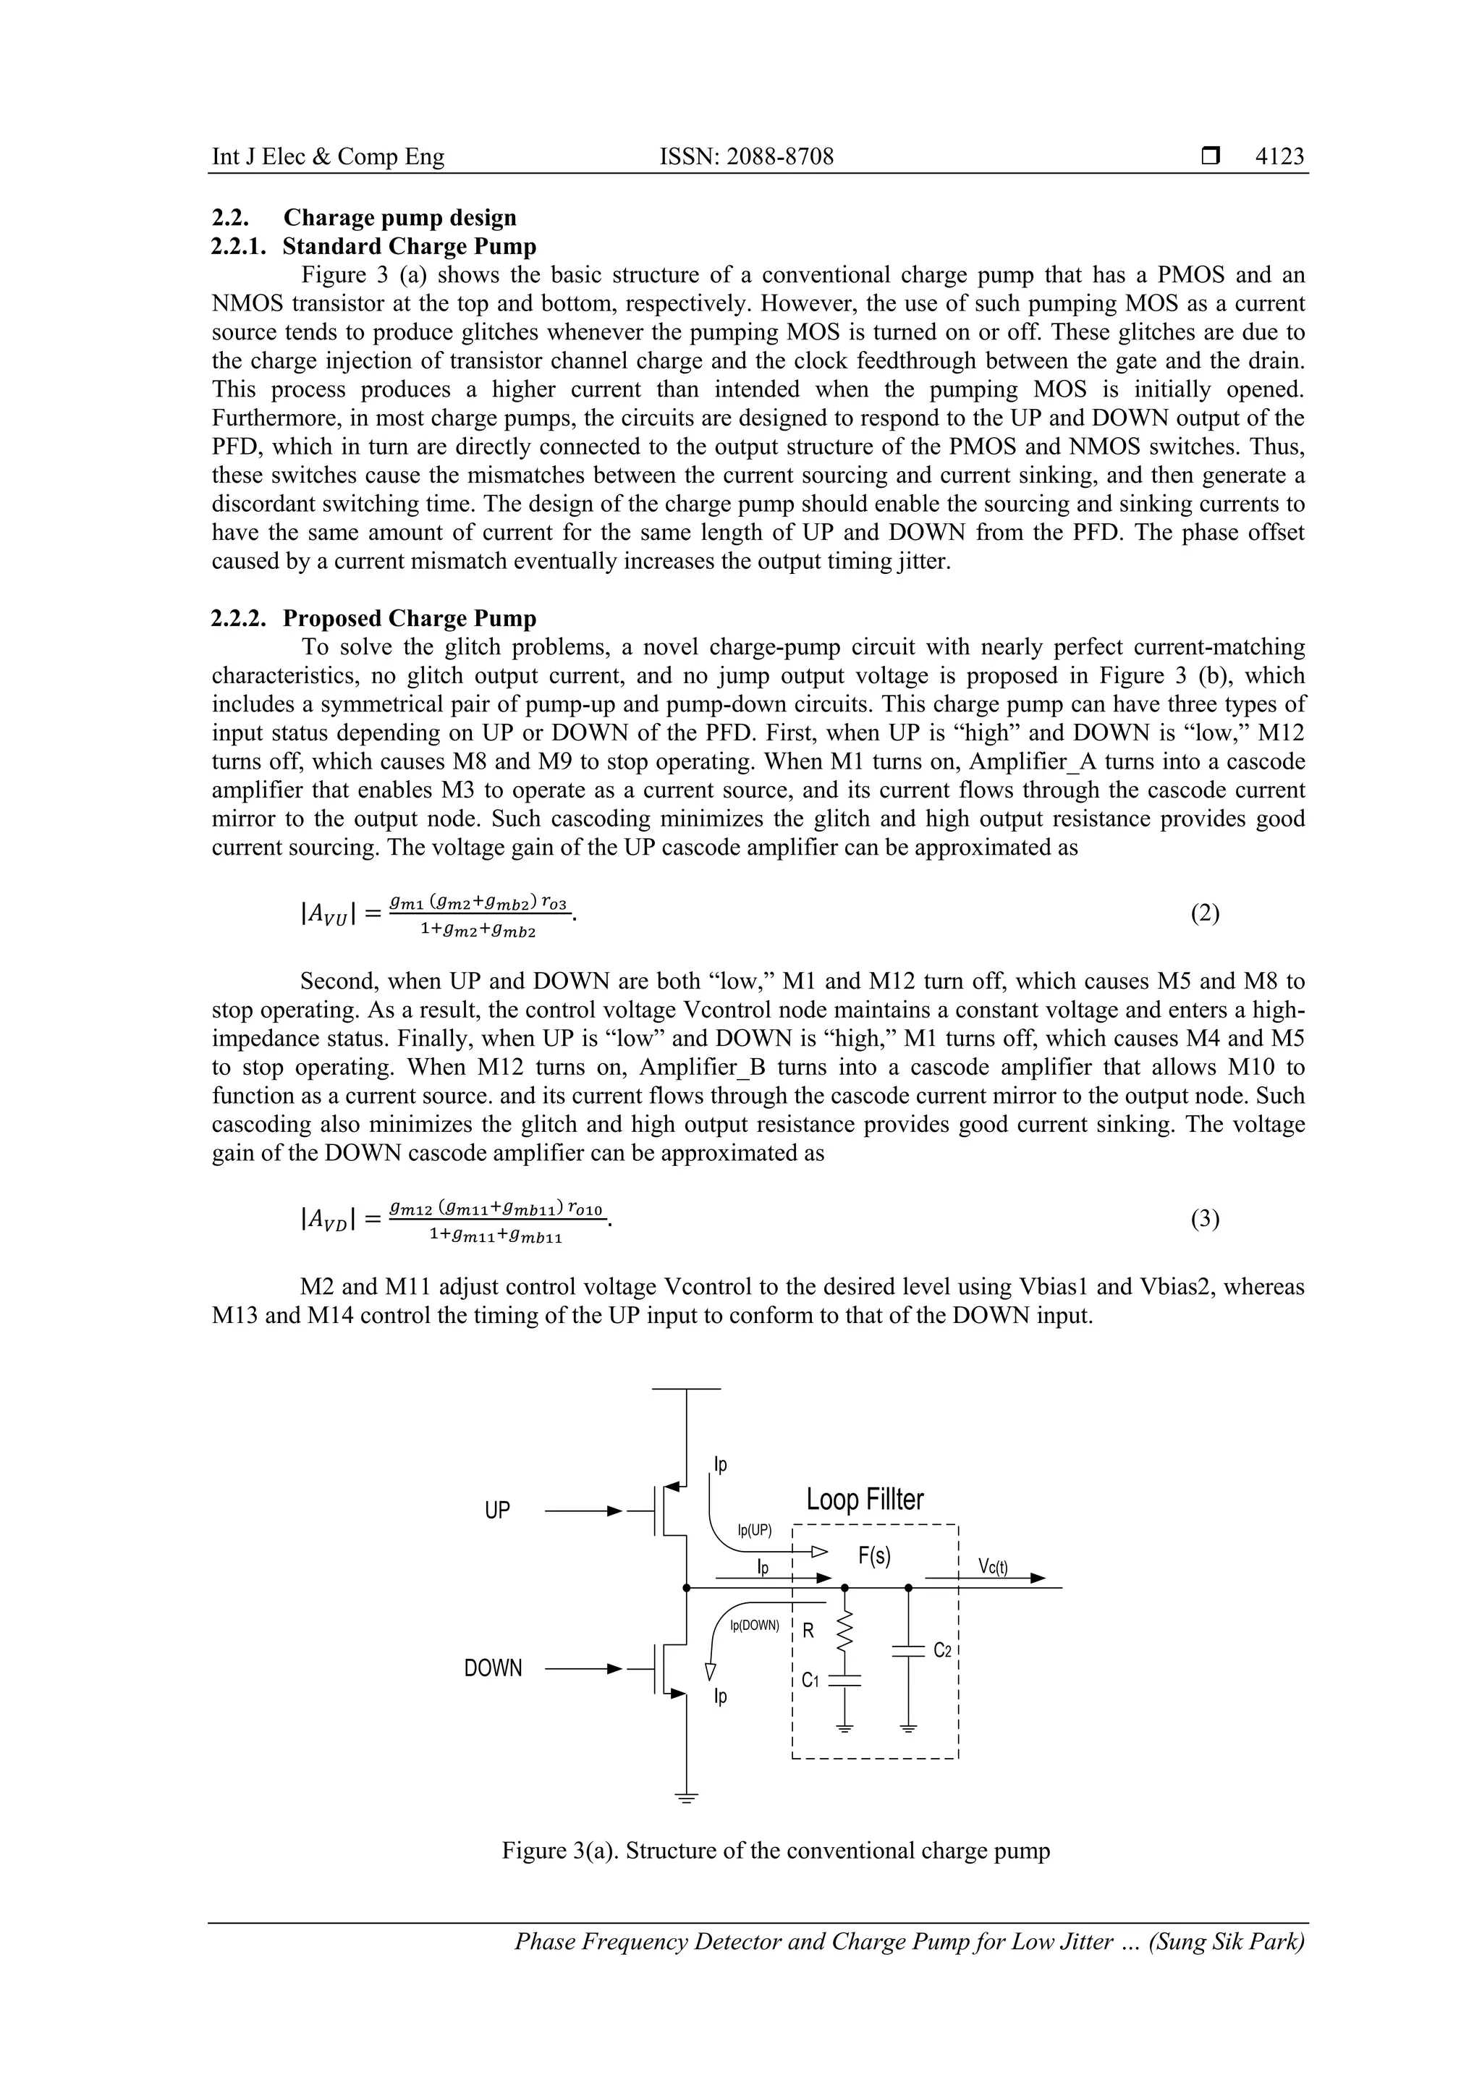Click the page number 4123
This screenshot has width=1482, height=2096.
coord(1279,157)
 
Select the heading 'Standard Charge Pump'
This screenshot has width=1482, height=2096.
coord(409,247)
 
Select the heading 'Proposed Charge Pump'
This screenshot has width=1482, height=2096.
coord(409,618)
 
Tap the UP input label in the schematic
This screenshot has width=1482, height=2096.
coord(497,1510)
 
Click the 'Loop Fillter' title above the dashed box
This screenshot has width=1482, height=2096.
coord(864,1499)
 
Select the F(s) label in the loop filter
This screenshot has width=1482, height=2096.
coord(874,1555)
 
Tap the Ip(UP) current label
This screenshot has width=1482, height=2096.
coord(754,1530)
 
